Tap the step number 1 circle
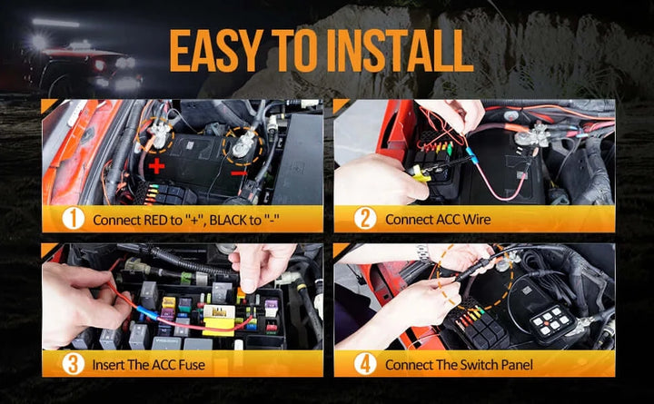coord(74,219)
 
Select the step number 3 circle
coord(74,364)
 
